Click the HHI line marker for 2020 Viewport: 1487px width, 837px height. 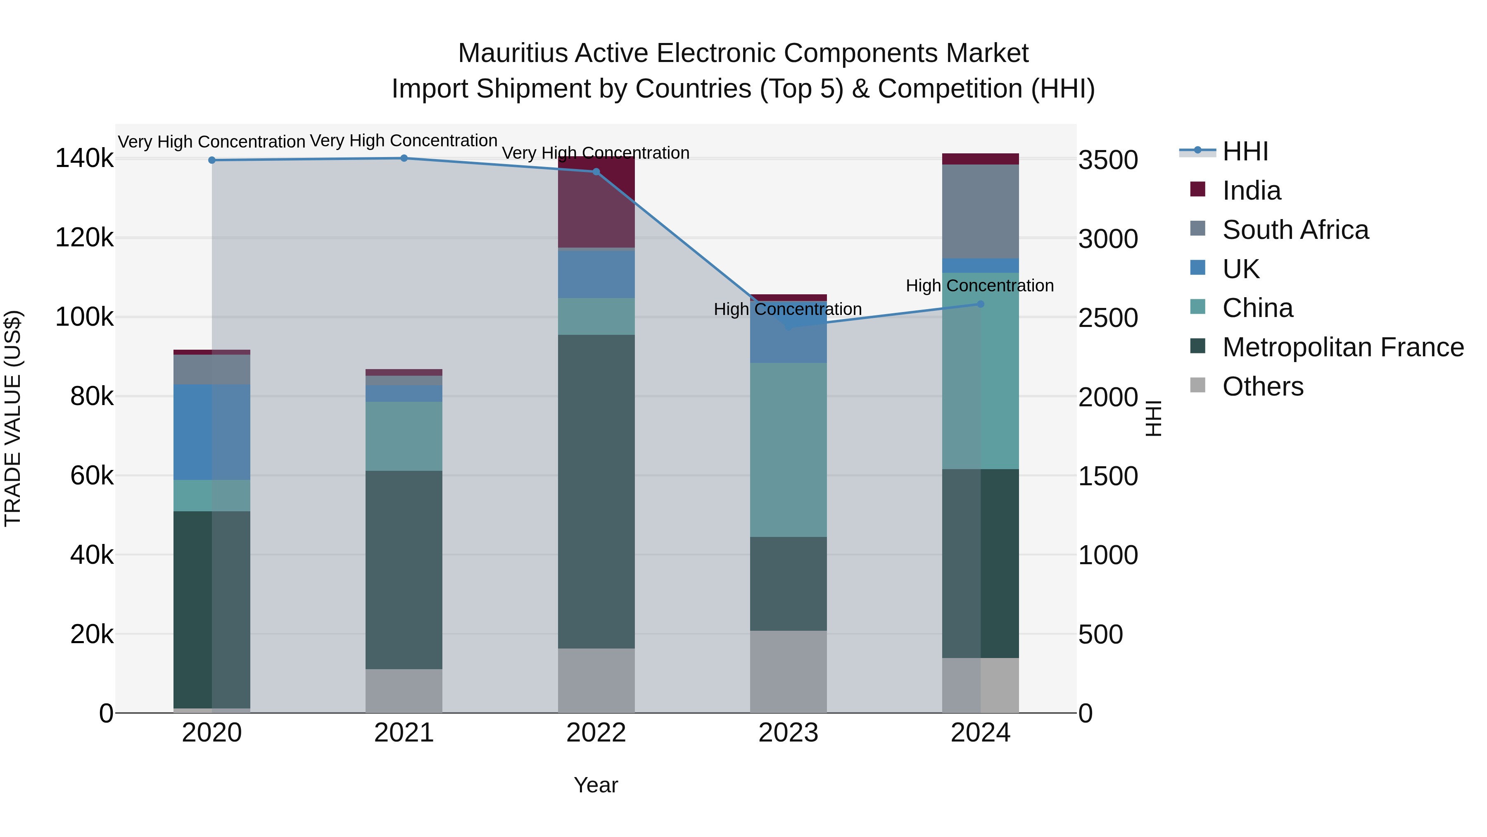pyautogui.click(x=212, y=160)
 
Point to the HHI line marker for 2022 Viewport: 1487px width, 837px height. pyautogui.click(x=596, y=172)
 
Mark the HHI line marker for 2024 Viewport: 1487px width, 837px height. pyautogui.click(x=980, y=304)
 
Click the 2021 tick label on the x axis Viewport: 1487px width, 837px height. pyautogui.click(x=404, y=733)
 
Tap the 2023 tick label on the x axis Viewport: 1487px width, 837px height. pyautogui.click(x=788, y=733)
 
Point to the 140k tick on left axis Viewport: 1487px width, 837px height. pyautogui.click(x=84, y=158)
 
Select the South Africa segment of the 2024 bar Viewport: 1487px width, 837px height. pyautogui.click(x=980, y=211)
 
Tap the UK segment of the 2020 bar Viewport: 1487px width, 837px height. pyautogui.click(x=212, y=432)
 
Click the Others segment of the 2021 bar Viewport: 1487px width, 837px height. pyautogui.click(x=404, y=691)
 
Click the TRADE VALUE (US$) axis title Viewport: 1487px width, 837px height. pyautogui.click(x=13, y=418)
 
